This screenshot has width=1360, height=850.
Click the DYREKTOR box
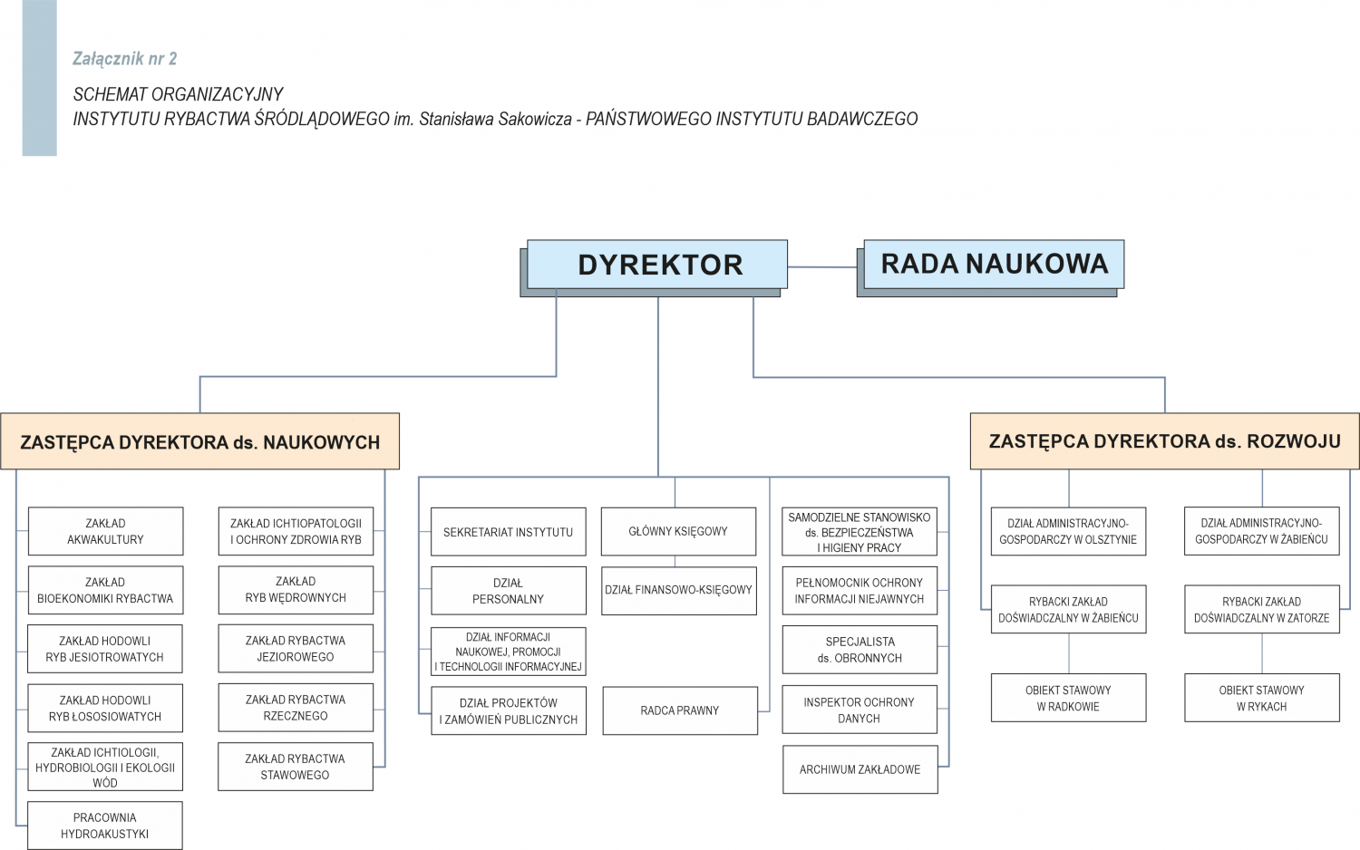point(657,265)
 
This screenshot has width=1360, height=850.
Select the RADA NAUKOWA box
point(994,264)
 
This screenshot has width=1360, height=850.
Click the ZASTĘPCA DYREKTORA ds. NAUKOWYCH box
point(199,441)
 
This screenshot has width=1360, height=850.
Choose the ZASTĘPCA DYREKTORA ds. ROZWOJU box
point(1164,441)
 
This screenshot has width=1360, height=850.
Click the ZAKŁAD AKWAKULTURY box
point(105,531)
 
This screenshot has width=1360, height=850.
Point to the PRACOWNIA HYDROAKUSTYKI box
point(105,826)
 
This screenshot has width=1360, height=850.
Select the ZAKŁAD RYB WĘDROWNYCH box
point(296,590)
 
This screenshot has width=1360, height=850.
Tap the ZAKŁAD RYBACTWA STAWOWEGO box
point(296,767)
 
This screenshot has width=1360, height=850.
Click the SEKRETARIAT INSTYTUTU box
point(508,532)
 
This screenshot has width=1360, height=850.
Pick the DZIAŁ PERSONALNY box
point(508,591)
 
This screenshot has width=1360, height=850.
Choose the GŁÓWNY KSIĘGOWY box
point(678,532)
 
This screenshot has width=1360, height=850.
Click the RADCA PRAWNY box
point(679,710)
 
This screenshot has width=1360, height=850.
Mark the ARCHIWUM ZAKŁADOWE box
point(860,769)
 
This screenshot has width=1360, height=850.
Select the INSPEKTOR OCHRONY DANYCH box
point(859,710)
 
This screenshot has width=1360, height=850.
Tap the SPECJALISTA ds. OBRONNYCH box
point(860,650)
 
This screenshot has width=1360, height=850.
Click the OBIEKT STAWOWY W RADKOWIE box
point(1068,698)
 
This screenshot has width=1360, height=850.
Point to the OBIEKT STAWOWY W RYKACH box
point(1261,698)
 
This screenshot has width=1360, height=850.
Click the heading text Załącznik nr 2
point(125,59)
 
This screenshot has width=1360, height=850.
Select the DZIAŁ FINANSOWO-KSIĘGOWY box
point(678,590)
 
